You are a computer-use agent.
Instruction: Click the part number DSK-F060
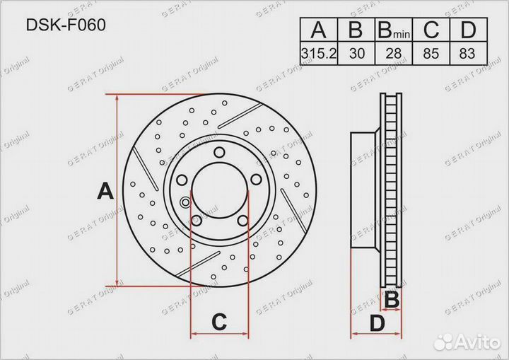[66, 25]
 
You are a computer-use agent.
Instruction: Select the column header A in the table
[318, 30]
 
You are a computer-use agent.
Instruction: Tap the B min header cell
[394, 30]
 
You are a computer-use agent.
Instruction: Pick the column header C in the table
[431, 30]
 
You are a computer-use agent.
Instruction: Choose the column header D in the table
[468, 30]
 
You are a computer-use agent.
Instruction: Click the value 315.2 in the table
[319, 53]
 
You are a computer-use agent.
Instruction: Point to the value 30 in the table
[357, 53]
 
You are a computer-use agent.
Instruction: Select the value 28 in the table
[394, 53]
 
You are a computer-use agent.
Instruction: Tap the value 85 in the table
[431, 53]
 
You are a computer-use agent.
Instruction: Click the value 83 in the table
[467, 53]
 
